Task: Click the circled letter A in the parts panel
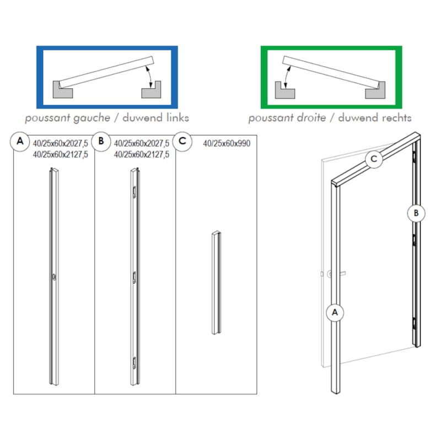point(20,142)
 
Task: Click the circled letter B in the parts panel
point(101,142)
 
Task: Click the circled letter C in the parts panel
point(182,142)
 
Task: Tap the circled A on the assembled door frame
point(334,313)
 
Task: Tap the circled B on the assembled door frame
point(416,212)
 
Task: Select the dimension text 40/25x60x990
point(227,143)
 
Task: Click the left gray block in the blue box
point(63,89)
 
